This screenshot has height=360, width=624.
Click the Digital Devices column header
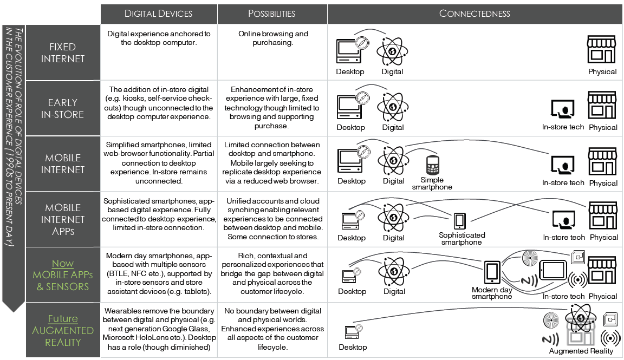click(x=158, y=14)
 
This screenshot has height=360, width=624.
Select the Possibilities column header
click(x=272, y=14)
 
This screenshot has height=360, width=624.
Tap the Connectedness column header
click(x=474, y=14)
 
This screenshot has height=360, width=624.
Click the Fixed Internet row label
click(x=63, y=53)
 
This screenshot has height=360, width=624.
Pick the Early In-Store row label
click(x=63, y=108)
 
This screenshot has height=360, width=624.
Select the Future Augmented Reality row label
click(x=63, y=330)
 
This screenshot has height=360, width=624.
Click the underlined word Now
click(x=63, y=264)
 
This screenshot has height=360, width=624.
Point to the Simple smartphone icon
click(x=432, y=165)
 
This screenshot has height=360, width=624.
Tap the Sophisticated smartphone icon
click(x=459, y=220)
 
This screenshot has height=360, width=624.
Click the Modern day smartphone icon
click(x=492, y=272)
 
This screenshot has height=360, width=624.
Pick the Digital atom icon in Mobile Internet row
click(x=393, y=159)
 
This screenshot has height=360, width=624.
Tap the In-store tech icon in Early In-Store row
click(x=562, y=109)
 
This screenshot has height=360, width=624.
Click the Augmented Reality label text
click(x=581, y=351)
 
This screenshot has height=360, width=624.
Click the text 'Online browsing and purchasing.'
click(x=272, y=38)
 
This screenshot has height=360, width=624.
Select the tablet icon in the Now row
click(x=553, y=270)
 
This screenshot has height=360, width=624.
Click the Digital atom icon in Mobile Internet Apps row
click(x=393, y=217)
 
